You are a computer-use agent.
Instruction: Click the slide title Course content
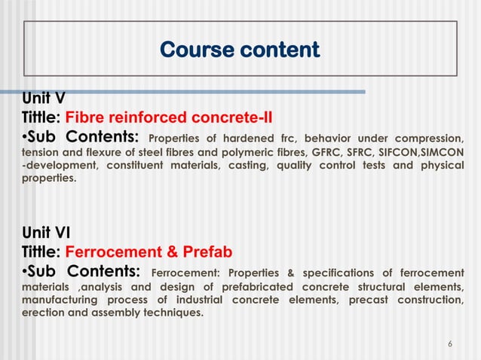(240, 50)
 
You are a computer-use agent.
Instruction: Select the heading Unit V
(42, 98)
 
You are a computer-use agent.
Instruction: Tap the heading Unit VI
(44, 232)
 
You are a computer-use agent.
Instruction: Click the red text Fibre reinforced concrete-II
(169, 117)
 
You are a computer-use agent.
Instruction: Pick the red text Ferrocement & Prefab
(149, 252)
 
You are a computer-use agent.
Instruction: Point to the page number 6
(450, 344)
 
